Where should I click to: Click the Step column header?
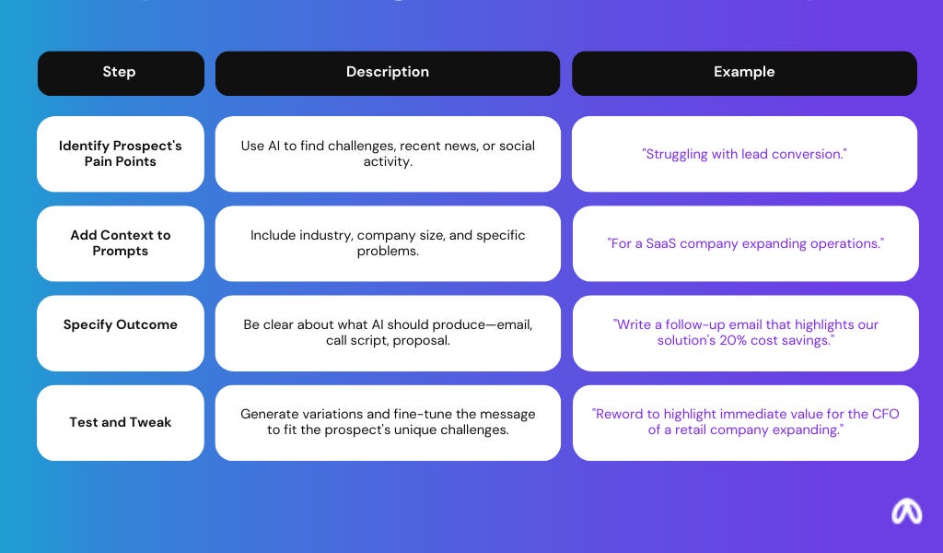coord(120,73)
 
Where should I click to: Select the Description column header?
coord(387,73)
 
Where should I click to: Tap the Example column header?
coord(744,73)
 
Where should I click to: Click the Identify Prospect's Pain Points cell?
coord(120,154)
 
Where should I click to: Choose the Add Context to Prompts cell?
coord(120,243)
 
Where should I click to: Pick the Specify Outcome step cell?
coord(120,324)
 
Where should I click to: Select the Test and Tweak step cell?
coord(120,422)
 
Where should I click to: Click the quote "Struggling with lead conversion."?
coord(744,154)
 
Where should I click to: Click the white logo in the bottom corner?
coord(906,512)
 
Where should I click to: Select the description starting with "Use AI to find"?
coord(387,154)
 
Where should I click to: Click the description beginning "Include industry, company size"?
coord(387,243)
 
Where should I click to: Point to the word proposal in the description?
coord(421,341)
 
